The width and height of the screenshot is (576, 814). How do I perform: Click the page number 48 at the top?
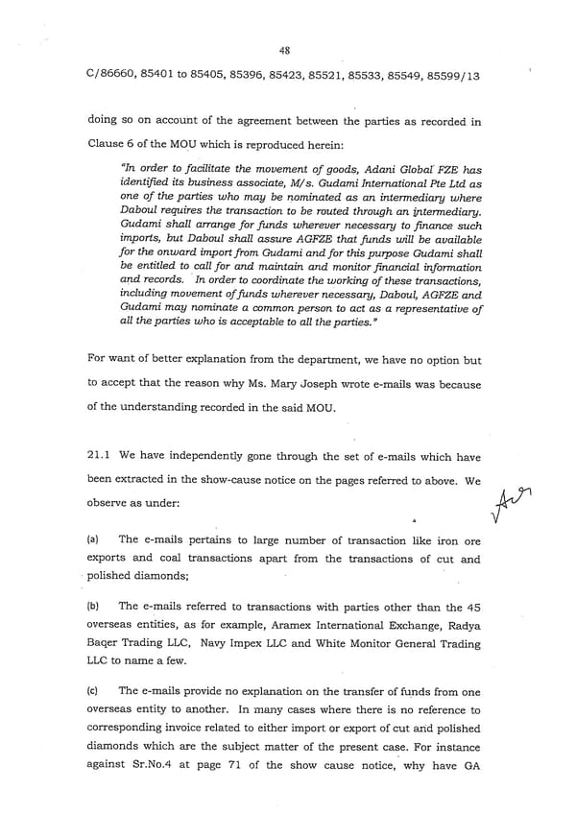[x=286, y=51]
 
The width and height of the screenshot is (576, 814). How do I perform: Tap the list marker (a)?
[x=93, y=540]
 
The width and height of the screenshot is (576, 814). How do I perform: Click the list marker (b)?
[x=93, y=606]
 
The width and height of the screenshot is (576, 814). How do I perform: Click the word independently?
[x=195, y=456]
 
